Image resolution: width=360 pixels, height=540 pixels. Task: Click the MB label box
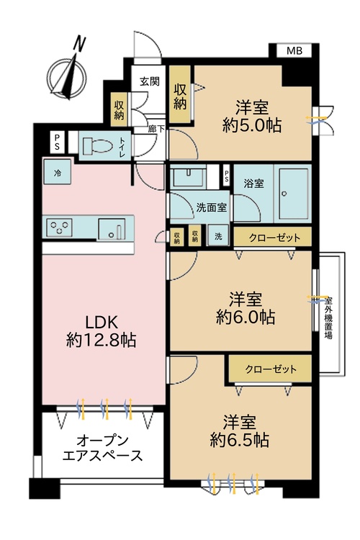tap(294, 50)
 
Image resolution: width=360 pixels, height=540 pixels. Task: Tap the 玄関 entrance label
tap(149, 81)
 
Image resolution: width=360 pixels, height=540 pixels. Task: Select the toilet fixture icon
tap(99, 145)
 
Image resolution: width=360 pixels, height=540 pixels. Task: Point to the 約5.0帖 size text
tap(251, 125)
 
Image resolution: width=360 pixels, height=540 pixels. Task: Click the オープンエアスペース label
tap(102, 447)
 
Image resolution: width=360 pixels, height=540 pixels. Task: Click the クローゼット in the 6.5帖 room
tap(270, 369)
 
